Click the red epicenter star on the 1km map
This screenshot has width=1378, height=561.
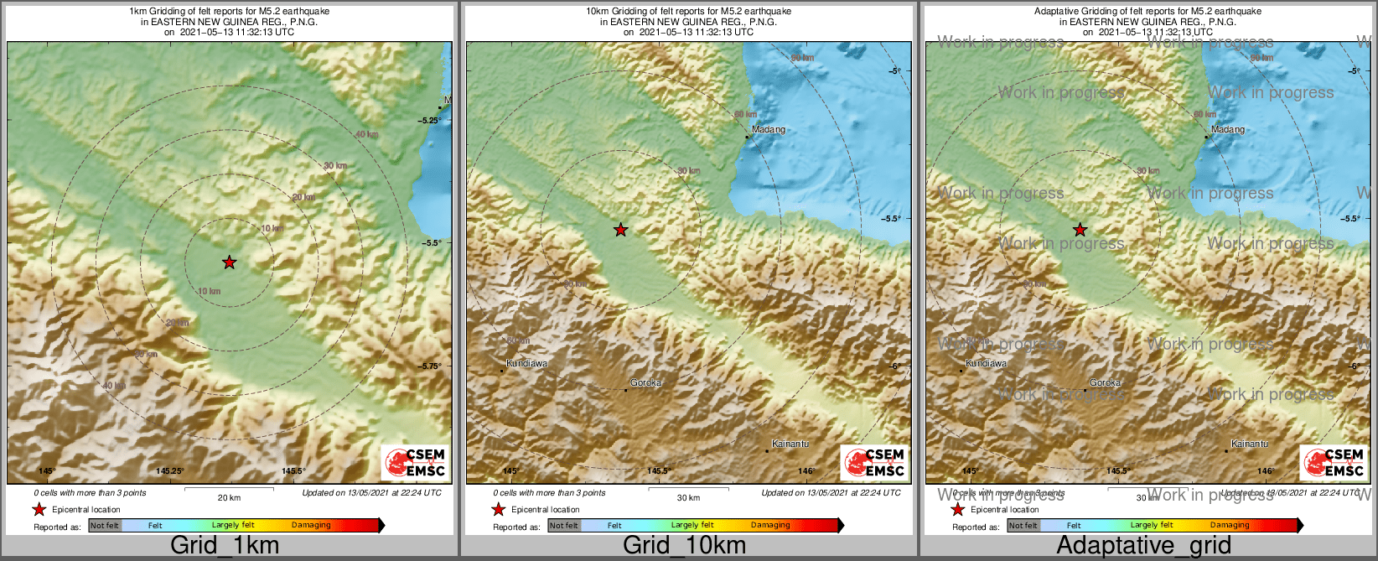pyautogui.click(x=230, y=262)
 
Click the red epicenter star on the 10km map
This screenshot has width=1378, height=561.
pyautogui.click(x=620, y=230)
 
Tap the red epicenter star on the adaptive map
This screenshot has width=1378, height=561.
pyautogui.click(x=1080, y=230)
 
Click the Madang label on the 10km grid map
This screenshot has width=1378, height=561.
pyautogui.click(x=769, y=130)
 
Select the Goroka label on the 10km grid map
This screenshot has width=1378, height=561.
pyautogui.click(x=646, y=383)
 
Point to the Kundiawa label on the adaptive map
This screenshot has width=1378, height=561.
pyautogui.click(x=987, y=364)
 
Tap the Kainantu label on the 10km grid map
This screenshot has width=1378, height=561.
pyautogui.click(x=790, y=444)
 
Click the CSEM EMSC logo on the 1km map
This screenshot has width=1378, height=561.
pyautogui.click(x=415, y=462)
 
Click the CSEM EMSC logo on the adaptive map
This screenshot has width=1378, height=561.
pyautogui.click(x=1334, y=462)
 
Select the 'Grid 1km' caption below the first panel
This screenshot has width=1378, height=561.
pyautogui.click(x=225, y=545)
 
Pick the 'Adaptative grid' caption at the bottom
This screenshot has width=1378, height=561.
pyautogui.click(x=1143, y=545)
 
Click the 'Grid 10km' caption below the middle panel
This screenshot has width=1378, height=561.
pyautogui.click(x=684, y=545)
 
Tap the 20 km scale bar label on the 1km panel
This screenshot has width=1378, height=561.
pyautogui.click(x=229, y=498)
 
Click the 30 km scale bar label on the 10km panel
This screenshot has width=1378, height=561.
pyautogui.click(x=688, y=498)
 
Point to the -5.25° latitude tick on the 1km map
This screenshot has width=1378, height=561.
pyautogui.click(x=430, y=121)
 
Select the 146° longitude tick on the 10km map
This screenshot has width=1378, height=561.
pyautogui.click(x=806, y=471)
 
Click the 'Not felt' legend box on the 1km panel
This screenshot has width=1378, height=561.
pyautogui.click(x=106, y=526)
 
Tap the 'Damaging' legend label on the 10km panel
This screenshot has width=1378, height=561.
pyautogui.click(x=770, y=526)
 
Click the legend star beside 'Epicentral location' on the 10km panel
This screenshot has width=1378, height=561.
pyautogui.click(x=498, y=509)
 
